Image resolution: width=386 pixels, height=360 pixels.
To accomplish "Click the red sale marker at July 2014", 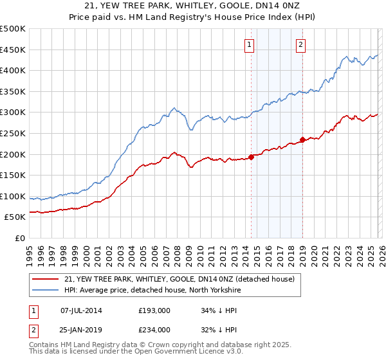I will [251, 157].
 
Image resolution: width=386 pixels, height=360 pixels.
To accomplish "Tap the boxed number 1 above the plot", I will [249, 44].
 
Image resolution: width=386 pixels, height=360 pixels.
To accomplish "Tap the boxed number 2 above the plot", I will [300, 44].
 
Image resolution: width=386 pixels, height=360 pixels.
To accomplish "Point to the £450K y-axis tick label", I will [13, 50].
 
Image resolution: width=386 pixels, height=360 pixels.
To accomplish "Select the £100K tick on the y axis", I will [13, 196].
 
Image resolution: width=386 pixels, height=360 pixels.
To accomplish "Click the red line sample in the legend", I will [45, 279].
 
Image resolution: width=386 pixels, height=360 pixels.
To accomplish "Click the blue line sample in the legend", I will [45, 291].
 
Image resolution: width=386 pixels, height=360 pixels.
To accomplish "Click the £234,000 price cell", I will [154, 330].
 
